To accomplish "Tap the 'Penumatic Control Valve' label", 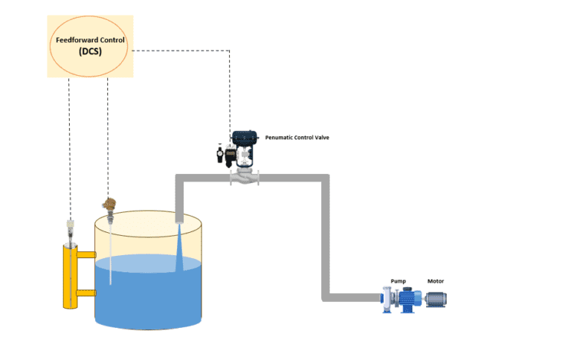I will [297, 138].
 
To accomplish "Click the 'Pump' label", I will [398, 281].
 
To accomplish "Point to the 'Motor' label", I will [435, 281].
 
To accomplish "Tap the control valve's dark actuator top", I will [246, 138].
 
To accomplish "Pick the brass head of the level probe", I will [110, 205].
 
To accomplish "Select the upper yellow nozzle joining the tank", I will [86, 255].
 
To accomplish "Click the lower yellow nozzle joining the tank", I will [86, 293].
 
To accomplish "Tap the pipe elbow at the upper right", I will [324, 179].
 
